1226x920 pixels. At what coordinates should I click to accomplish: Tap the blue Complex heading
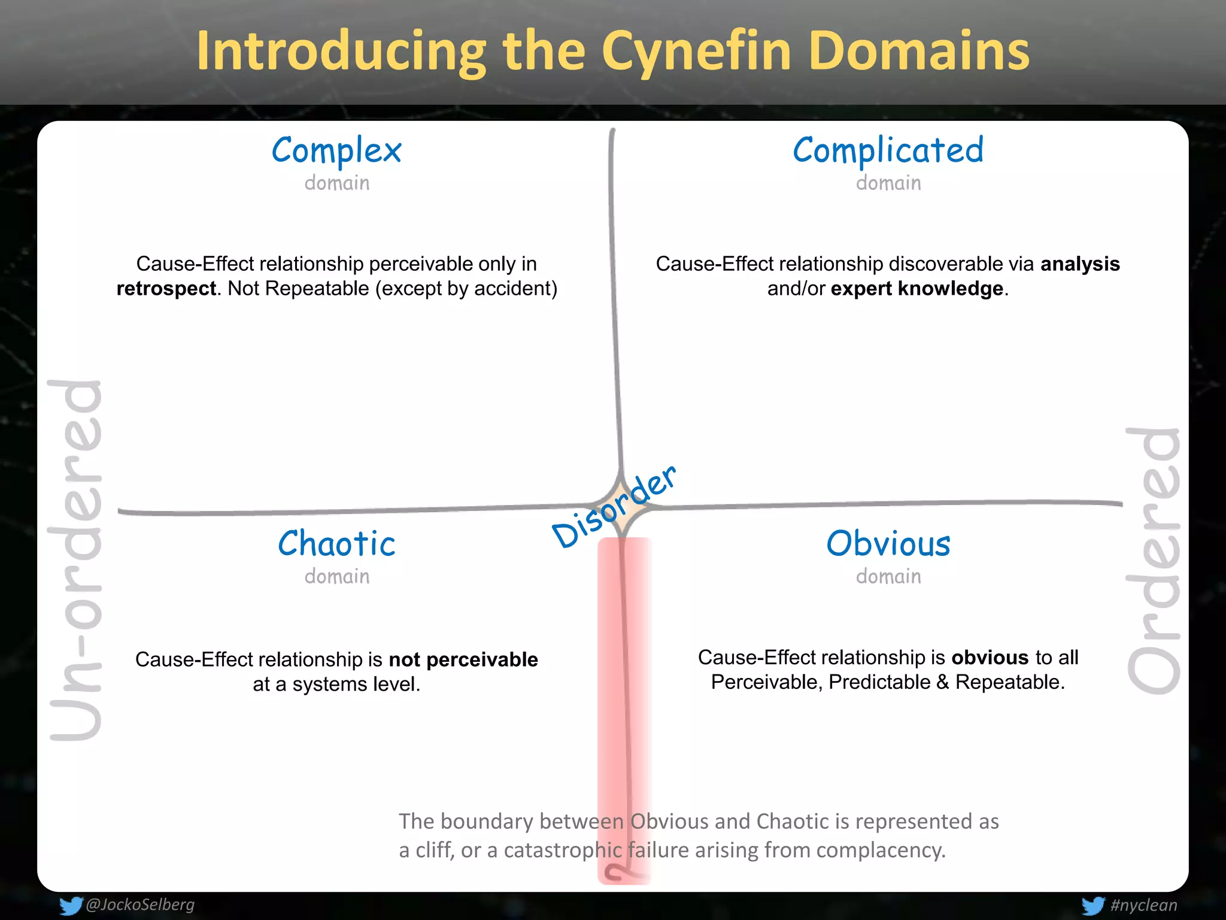[x=336, y=151]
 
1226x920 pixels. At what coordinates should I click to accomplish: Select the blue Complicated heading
[x=888, y=151]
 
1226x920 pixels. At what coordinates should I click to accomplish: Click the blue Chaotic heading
[x=336, y=544]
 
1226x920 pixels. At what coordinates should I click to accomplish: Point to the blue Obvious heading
[x=888, y=544]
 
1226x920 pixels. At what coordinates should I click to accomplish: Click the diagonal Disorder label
[x=614, y=507]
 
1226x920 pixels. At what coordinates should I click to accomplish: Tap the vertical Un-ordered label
[x=76, y=560]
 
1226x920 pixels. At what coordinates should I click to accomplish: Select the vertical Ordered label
[x=1153, y=560]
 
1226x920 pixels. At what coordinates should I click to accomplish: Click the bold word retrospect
[x=166, y=289]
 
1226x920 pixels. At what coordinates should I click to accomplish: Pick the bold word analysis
[x=1080, y=264]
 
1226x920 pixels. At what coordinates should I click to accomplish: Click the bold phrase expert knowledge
[x=917, y=289]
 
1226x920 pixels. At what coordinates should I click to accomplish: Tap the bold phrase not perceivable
[x=463, y=659]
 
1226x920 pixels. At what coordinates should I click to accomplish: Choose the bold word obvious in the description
[x=990, y=658]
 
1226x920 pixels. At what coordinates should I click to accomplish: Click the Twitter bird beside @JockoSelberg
[x=71, y=906]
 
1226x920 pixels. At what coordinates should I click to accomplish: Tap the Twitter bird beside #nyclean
[x=1093, y=906]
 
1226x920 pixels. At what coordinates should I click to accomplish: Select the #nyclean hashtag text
[x=1143, y=905]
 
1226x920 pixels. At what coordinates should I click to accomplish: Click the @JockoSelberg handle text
[x=140, y=904]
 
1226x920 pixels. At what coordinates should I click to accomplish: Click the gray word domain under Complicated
[x=888, y=183]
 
